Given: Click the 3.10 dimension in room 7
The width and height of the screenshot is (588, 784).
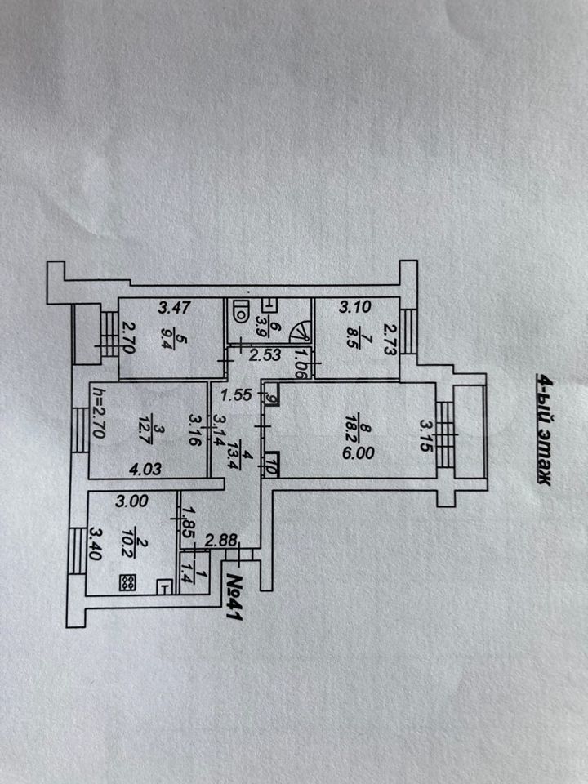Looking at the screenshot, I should (x=355, y=308).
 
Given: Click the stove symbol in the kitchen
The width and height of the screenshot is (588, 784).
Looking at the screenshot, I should (x=128, y=582).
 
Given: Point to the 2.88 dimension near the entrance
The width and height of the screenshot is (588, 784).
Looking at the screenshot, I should (x=221, y=540).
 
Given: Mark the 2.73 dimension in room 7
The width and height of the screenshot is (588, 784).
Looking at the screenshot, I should (x=390, y=336).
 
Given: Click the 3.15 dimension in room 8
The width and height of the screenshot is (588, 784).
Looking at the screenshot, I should (x=424, y=428).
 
